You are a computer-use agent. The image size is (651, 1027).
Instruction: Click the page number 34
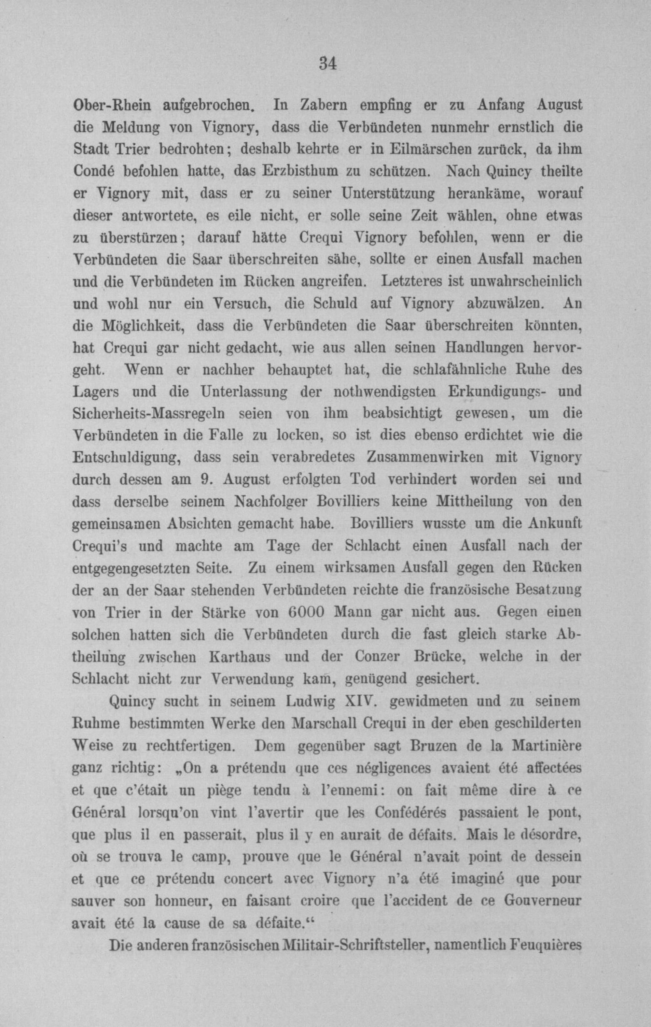328,64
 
